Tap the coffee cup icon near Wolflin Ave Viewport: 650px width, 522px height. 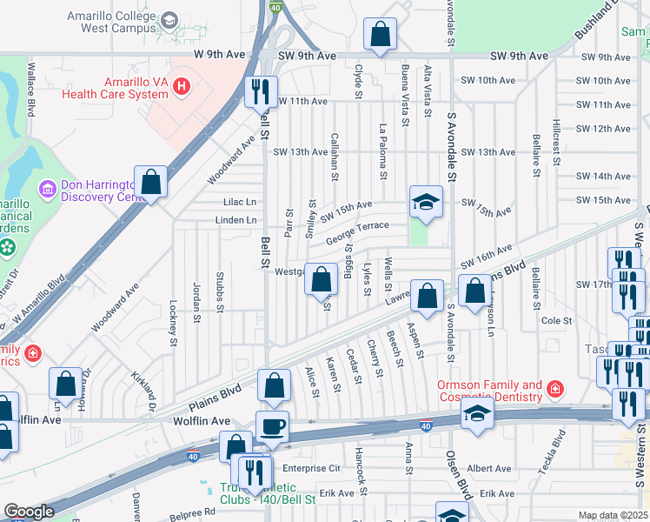pos(274,426)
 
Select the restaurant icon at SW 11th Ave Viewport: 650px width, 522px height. pos(261,90)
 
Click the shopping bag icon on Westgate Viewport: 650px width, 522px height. pos(321,279)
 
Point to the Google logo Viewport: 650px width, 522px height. pos(30,512)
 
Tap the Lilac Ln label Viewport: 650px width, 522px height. pos(239,201)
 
